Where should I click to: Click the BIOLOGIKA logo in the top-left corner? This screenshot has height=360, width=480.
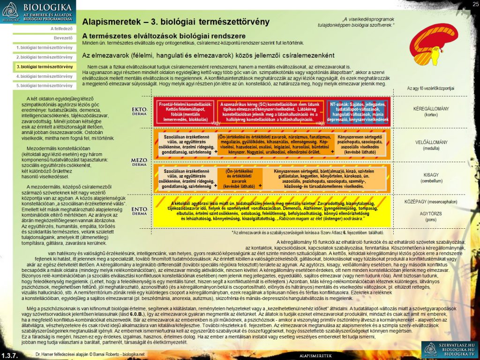(37, 12)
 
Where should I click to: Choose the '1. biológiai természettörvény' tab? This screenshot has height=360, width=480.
(44, 47)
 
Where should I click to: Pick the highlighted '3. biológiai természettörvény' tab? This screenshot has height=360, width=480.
(44, 67)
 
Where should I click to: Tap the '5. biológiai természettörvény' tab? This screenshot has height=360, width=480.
(44, 85)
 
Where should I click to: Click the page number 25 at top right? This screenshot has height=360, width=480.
(475, 4)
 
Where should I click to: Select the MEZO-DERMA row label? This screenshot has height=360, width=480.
(139, 162)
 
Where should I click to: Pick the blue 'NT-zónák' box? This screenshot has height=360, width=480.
(359, 111)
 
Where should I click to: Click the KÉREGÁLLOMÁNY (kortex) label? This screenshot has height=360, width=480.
(430, 111)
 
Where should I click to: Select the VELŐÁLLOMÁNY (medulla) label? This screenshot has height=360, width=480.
(430, 145)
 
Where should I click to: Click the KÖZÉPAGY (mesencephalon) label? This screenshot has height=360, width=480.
(430, 202)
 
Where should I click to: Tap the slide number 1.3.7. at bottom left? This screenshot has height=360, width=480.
(9, 355)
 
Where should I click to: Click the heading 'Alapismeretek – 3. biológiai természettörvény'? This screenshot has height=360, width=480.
(176, 22)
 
